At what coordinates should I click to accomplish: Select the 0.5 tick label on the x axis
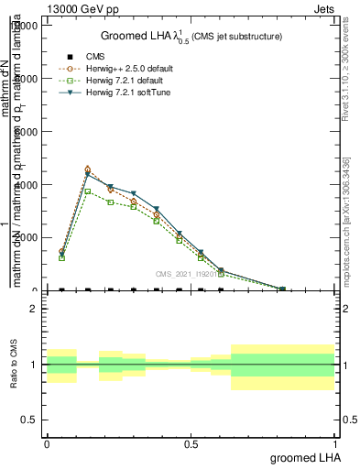[191, 443]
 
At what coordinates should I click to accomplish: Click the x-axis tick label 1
[334, 443]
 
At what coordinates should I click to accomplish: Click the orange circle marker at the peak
[87, 169]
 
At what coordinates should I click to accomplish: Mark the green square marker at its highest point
[87, 191]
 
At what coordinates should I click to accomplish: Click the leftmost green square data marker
[61, 258]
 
